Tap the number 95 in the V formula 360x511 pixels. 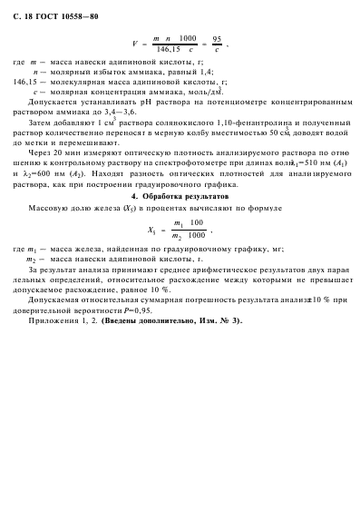coord(217,39)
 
